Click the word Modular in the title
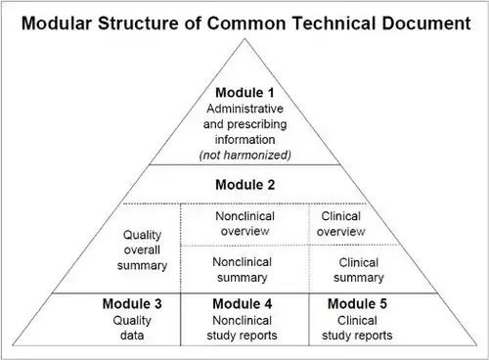(57, 23)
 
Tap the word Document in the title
(426, 23)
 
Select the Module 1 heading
(244, 93)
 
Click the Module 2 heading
(245, 185)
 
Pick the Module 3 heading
(132, 304)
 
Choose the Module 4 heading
(243, 304)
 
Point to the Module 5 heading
(357, 304)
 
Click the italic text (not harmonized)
(244, 156)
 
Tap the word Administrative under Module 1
(244, 109)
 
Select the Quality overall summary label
(142, 250)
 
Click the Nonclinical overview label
(245, 224)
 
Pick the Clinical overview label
(341, 224)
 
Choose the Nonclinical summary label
(243, 270)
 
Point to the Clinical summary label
(359, 270)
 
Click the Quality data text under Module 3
(132, 328)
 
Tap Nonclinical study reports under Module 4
(242, 328)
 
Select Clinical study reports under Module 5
(357, 328)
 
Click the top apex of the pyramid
(244, 39)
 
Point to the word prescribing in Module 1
(257, 124)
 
